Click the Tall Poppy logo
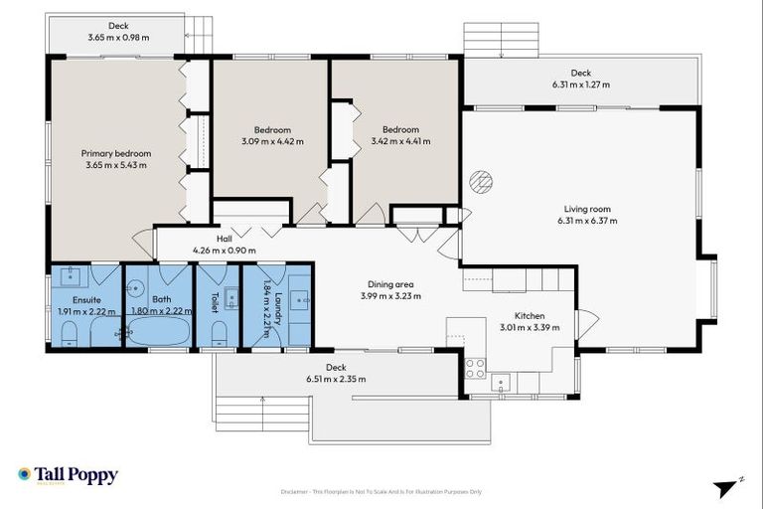tap(68, 475)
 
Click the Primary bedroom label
tap(116, 154)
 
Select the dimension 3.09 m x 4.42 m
tap(271, 142)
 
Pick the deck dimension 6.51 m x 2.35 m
tap(336, 379)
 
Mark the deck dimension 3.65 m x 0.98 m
tap(118, 38)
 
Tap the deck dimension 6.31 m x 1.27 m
tap(580, 85)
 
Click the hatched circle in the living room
tap(481, 181)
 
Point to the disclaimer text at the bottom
tap(381, 491)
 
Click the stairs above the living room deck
tap(501, 40)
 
